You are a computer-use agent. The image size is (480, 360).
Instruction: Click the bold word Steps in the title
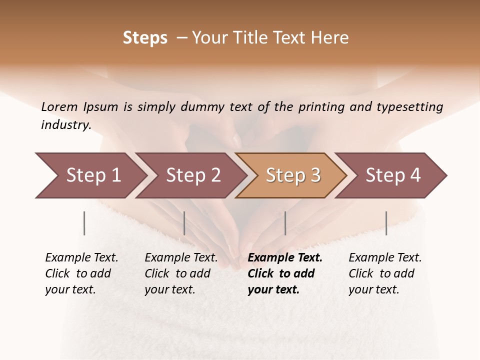pos(145,38)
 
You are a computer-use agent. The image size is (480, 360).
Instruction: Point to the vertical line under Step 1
pos(84,223)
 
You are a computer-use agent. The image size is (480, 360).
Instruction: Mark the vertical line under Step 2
pos(184,223)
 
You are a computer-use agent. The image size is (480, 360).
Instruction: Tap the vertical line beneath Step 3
pos(285,223)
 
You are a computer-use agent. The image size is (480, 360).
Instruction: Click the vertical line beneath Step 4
pos(386,223)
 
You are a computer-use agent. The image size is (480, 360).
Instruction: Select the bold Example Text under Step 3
pos(285,258)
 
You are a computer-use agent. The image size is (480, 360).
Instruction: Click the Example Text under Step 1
pos(81,258)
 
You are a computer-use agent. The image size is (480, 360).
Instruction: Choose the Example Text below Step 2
pos(181,258)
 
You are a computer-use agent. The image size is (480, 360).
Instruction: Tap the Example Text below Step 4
pos(385,258)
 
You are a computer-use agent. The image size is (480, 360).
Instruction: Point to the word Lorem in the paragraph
pos(59,107)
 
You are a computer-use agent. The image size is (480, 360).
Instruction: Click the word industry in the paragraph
pos(66,125)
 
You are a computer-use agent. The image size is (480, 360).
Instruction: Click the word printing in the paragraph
pos(322,107)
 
